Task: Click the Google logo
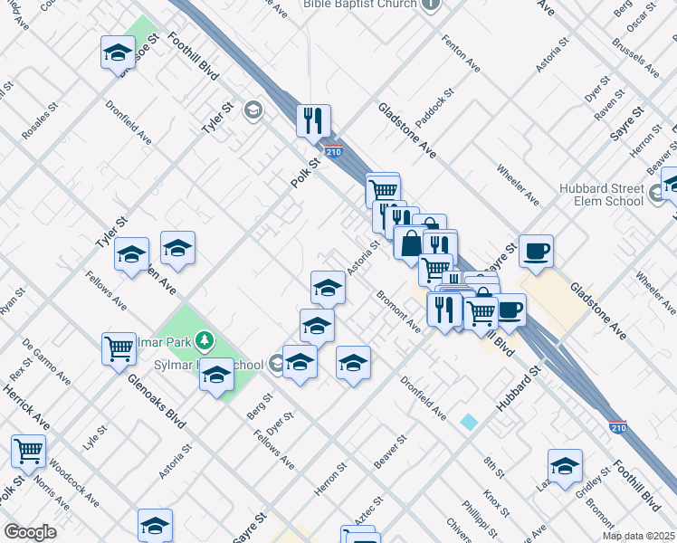point(30,532)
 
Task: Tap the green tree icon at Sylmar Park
point(206,340)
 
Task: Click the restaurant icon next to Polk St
point(313,120)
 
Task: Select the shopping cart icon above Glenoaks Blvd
point(119,348)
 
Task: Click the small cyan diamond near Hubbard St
point(468,423)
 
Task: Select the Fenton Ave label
point(461,53)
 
